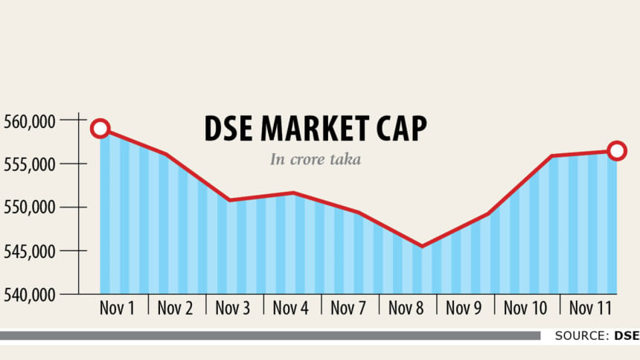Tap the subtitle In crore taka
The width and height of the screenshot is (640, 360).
click(316, 159)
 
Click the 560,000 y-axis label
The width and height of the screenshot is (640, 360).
click(29, 120)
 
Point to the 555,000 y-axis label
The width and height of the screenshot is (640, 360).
click(29, 164)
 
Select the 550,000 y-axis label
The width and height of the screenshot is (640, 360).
click(29, 208)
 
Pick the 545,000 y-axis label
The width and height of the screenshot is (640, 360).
click(29, 251)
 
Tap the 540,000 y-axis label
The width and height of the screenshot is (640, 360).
click(29, 295)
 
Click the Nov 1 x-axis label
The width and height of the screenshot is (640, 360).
click(117, 308)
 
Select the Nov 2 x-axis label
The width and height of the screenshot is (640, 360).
click(175, 308)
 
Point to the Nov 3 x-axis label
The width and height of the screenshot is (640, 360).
click(233, 308)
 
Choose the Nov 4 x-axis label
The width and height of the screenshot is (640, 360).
click(291, 308)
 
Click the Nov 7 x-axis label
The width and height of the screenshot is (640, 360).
click(349, 308)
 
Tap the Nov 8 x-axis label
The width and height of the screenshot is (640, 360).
click(407, 308)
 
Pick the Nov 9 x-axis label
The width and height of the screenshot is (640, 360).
click(464, 308)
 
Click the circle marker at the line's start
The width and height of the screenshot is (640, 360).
click(100, 129)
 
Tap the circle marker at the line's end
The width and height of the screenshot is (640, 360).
click(617, 151)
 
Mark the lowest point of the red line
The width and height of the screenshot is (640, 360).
click(422, 246)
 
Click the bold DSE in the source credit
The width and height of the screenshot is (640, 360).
click(627, 336)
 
